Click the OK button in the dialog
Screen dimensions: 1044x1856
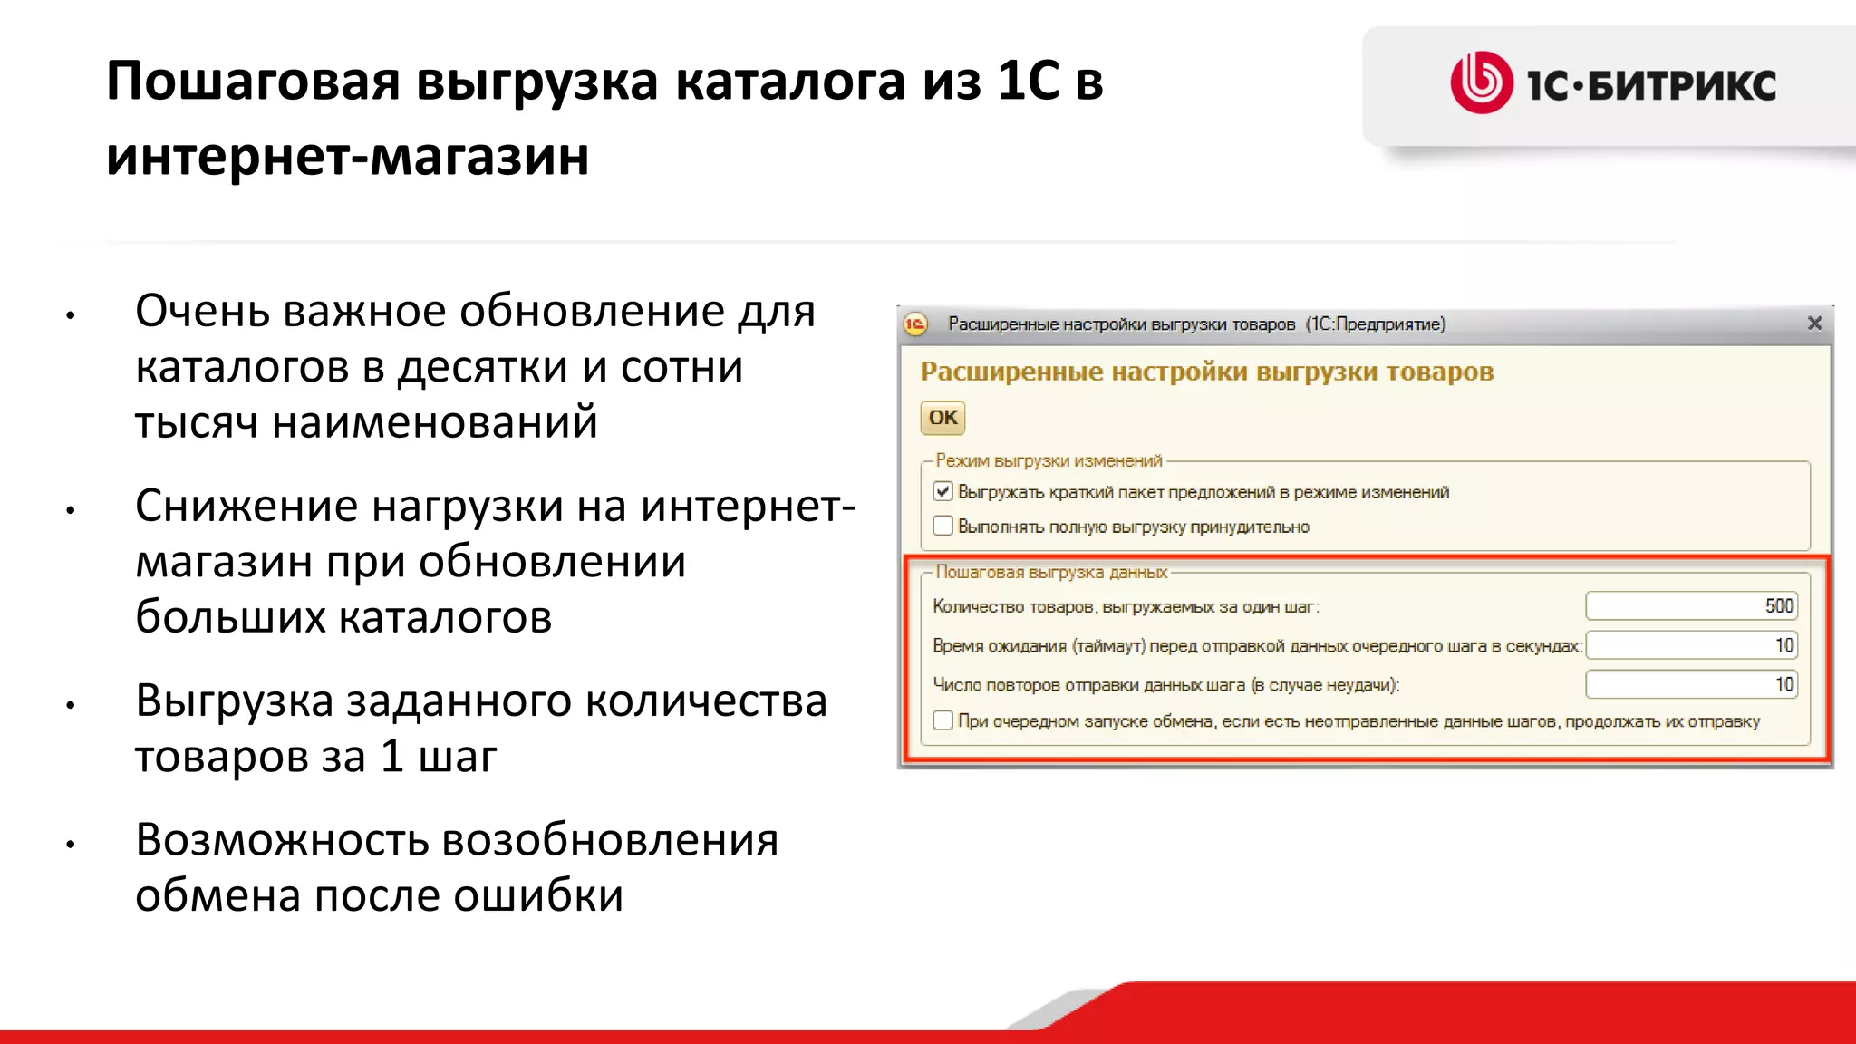click(942, 418)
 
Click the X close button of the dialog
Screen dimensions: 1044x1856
click(1814, 324)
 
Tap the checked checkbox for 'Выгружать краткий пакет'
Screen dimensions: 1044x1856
click(942, 492)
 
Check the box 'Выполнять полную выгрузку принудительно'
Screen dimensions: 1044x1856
click(942, 527)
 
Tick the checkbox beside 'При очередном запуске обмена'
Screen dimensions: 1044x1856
click(942, 721)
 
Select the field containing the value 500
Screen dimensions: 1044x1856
click(1691, 606)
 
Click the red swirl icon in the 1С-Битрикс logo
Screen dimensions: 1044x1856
click(1482, 82)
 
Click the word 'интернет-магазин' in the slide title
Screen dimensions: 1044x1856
click(347, 156)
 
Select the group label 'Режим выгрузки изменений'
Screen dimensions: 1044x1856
click(1049, 461)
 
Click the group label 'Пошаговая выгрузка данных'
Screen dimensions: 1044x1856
click(1051, 573)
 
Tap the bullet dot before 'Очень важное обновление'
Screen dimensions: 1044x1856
click(70, 316)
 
